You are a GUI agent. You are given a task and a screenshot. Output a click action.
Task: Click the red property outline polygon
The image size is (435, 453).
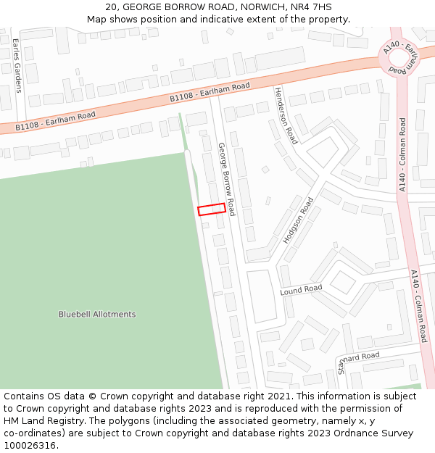(x=211, y=209)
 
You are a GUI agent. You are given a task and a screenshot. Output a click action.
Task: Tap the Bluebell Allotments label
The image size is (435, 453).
(x=97, y=315)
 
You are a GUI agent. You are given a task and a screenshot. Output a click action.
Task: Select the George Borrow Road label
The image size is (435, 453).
(x=227, y=178)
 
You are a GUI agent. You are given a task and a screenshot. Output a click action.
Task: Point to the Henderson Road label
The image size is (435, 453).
(x=285, y=115)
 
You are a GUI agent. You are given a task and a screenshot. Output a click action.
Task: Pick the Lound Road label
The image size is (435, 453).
(x=301, y=289)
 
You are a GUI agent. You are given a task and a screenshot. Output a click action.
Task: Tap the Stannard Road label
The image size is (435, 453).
(x=358, y=360)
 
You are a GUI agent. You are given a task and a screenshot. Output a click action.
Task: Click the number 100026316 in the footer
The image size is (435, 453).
(x=30, y=446)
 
